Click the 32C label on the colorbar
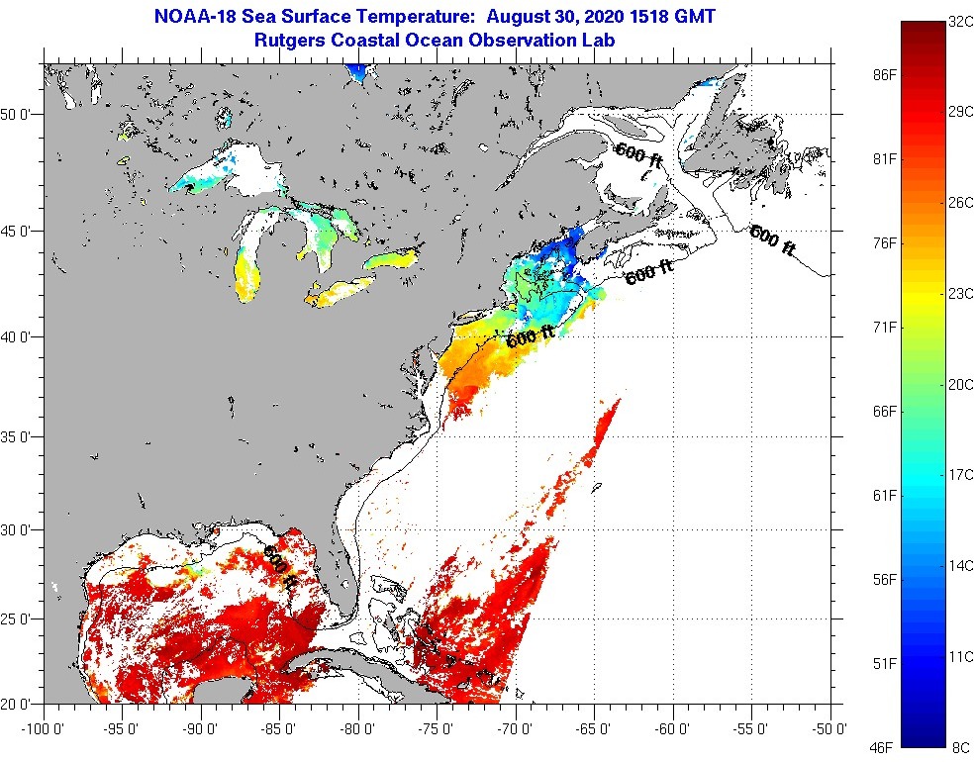(960, 20)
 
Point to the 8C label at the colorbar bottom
(960, 748)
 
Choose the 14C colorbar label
(960, 566)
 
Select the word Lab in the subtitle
(600, 41)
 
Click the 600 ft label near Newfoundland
(772, 241)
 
